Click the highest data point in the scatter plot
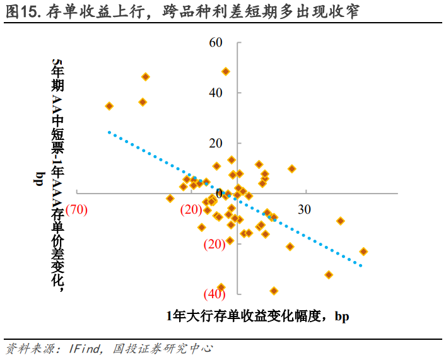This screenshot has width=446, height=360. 225,71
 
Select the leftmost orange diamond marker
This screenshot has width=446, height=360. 109,106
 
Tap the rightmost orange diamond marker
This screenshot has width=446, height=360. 363,252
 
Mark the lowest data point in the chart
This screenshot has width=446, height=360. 274,291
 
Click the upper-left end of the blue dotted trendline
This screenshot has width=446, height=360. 109,132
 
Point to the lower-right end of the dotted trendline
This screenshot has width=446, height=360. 361,265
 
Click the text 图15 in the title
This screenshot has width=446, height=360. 22,12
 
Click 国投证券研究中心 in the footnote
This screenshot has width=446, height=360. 162,347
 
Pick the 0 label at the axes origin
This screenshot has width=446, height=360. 219,194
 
